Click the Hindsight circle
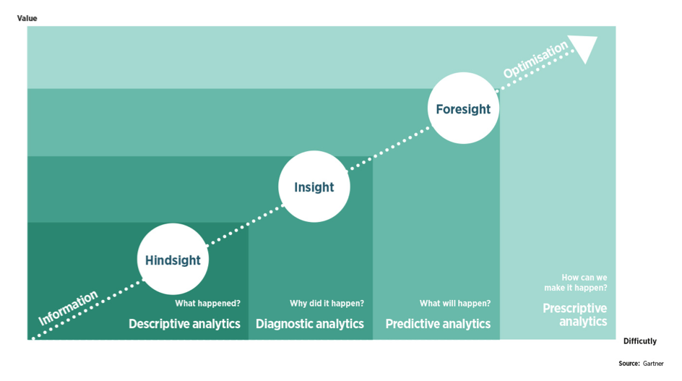pos(173,260)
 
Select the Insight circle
pos(314,187)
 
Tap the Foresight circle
pos(463,108)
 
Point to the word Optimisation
pos(536,61)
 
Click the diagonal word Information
pos(68,307)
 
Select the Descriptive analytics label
pos(184,324)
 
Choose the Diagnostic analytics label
pos(309,324)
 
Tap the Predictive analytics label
pos(438,324)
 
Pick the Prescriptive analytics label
pos(575,315)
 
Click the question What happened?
pos(207,304)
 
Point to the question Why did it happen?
pos(327,304)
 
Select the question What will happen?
pos(455,304)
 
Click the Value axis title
pos(27,18)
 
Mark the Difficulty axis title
pos(639,341)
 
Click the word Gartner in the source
pos(653,364)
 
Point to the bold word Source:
pos(629,364)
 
